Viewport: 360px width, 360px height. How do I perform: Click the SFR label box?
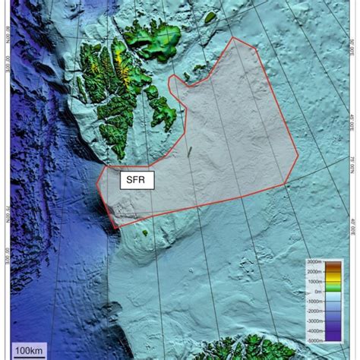tap(137, 180)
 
